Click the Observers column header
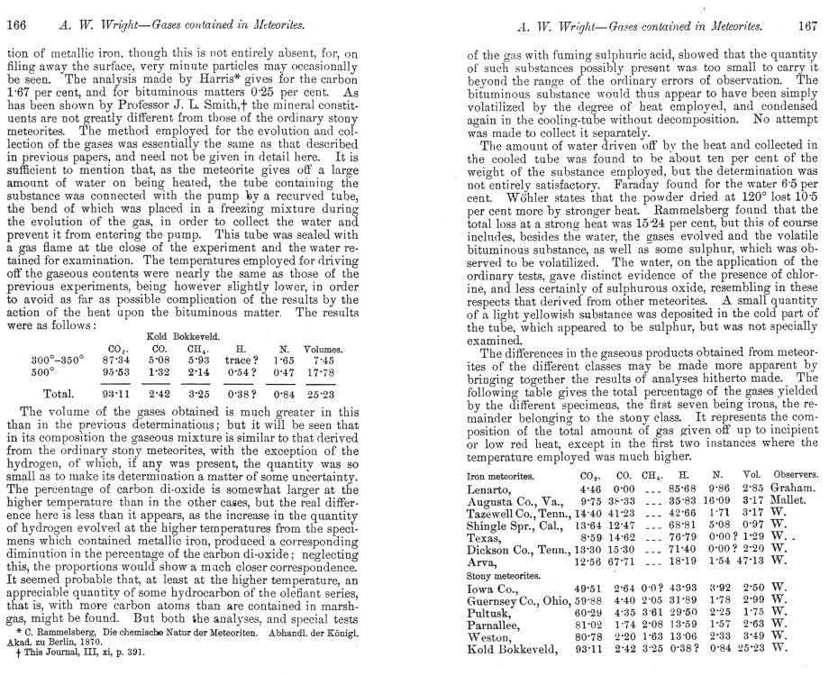[794, 471]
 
